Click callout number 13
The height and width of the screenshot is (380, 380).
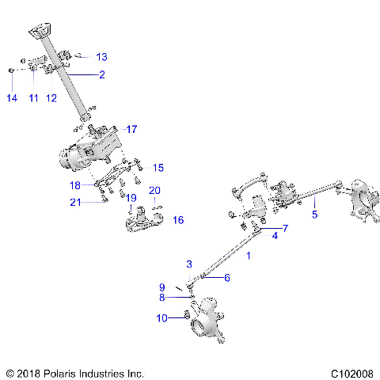[101, 57]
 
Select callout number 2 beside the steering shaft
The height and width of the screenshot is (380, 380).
[101, 75]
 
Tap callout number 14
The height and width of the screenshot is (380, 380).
[11, 97]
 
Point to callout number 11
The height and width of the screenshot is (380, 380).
[33, 97]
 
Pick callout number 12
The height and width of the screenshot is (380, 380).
[52, 97]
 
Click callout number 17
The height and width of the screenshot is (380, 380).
[131, 129]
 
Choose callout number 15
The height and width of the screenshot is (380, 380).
[158, 167]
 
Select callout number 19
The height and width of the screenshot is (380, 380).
[131, 197]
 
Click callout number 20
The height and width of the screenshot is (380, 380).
[154, 190]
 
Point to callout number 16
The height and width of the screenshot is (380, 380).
[178, 219]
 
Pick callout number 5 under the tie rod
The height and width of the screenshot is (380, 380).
[314, 214]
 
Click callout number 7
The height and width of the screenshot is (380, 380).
[285, 228]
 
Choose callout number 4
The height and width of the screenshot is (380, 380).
[275, 235]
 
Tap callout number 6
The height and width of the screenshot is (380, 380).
[226, 278]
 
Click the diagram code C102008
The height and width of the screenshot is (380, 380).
[354, 371]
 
